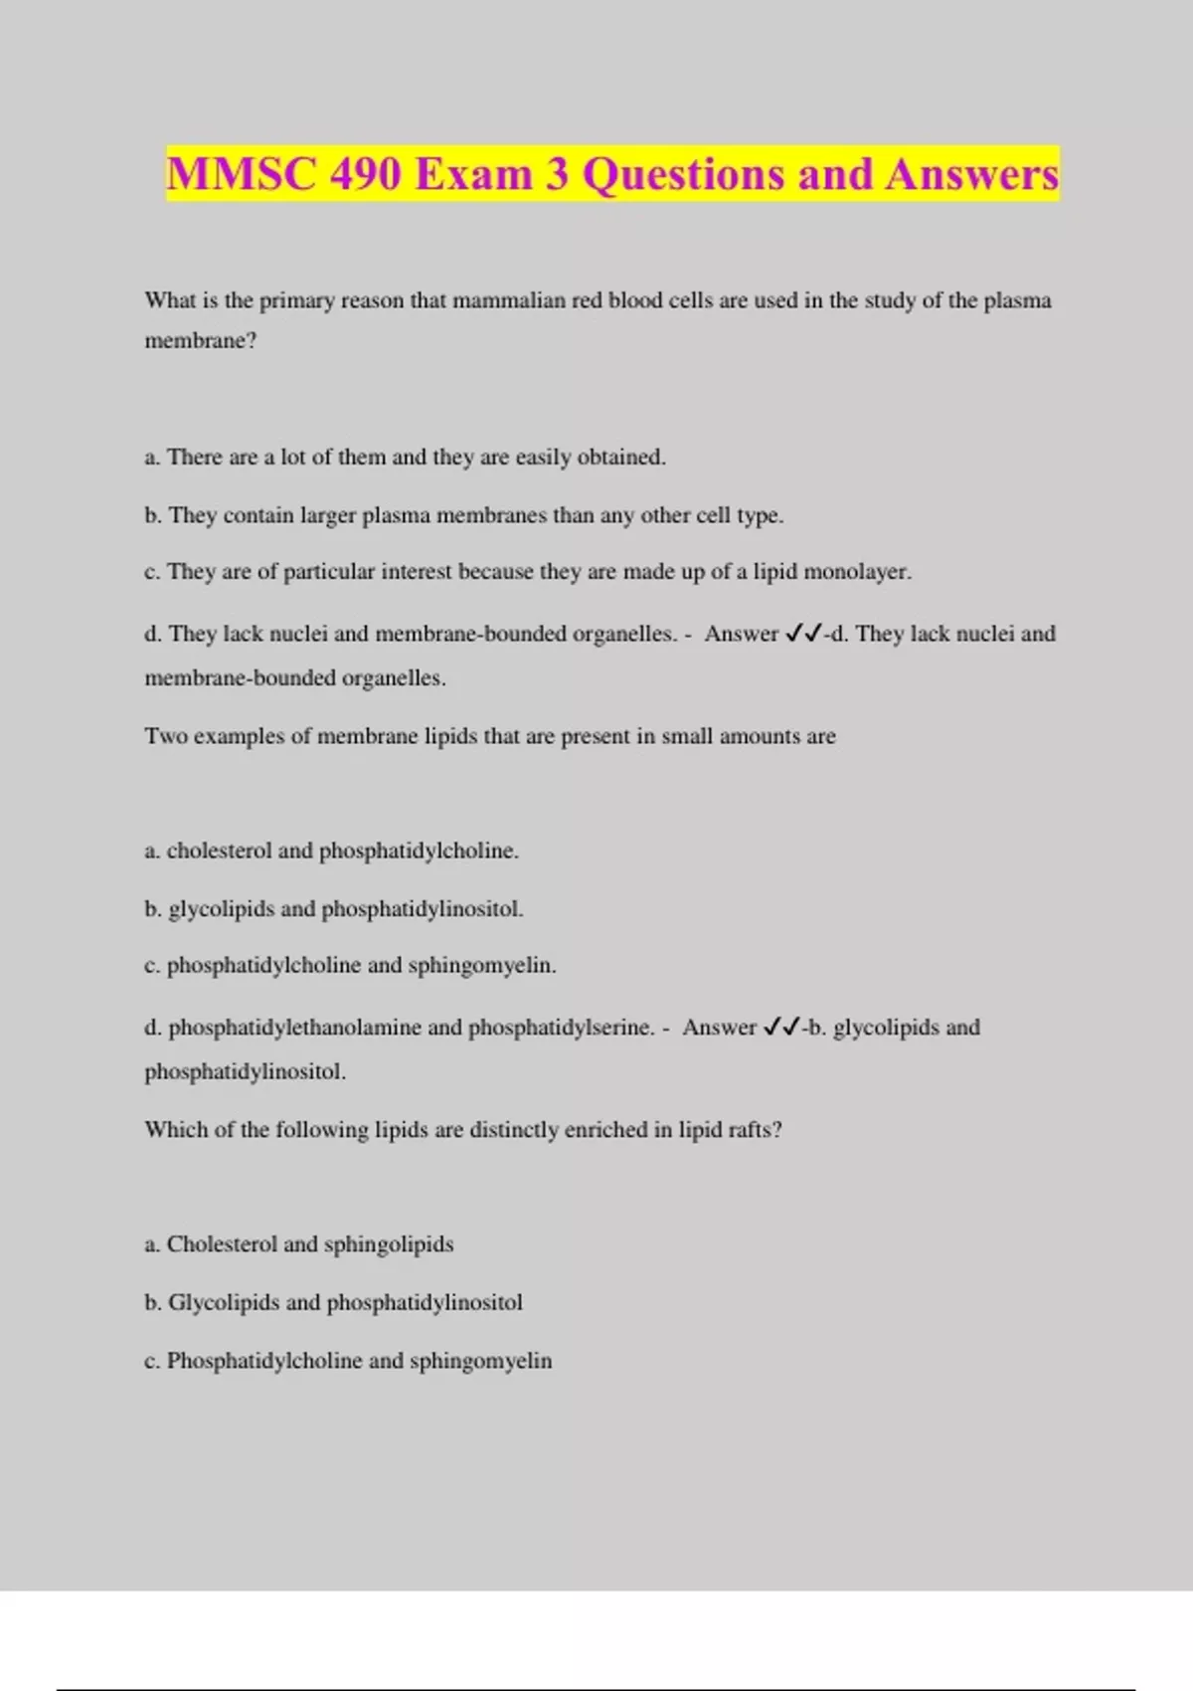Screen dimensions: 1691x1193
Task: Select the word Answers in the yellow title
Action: [x=971, y=175]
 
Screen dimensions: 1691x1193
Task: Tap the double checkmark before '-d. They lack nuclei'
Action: [x=803, y=634]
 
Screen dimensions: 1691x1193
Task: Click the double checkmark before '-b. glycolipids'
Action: [x=781, y=1028]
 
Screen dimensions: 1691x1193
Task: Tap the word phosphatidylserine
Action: [x=561, y=1028]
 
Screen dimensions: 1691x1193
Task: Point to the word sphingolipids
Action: [x=389, y=1244]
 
